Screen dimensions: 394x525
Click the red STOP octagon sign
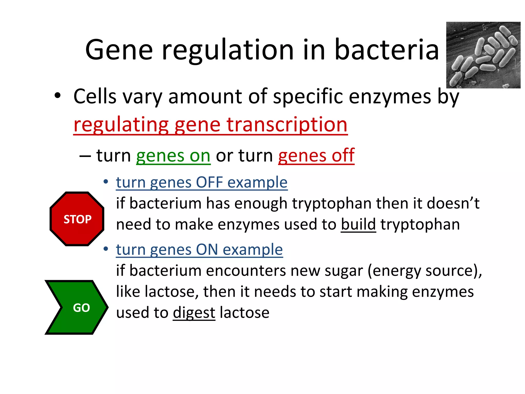(x=77, y=219)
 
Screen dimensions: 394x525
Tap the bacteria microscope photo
(x=483, y=55)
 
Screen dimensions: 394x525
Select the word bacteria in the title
(x=387, y=50)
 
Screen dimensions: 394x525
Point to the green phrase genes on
(x=173, y=156)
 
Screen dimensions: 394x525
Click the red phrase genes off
(x=316, y=156)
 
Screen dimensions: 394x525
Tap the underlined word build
(x=358, y=224)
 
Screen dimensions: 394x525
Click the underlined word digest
(x=194, y=313)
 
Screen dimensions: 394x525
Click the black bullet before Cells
(x=58, y=96)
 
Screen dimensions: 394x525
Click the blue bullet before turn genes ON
(x=106, y=249)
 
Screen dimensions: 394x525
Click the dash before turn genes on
(x=85, y=156)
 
